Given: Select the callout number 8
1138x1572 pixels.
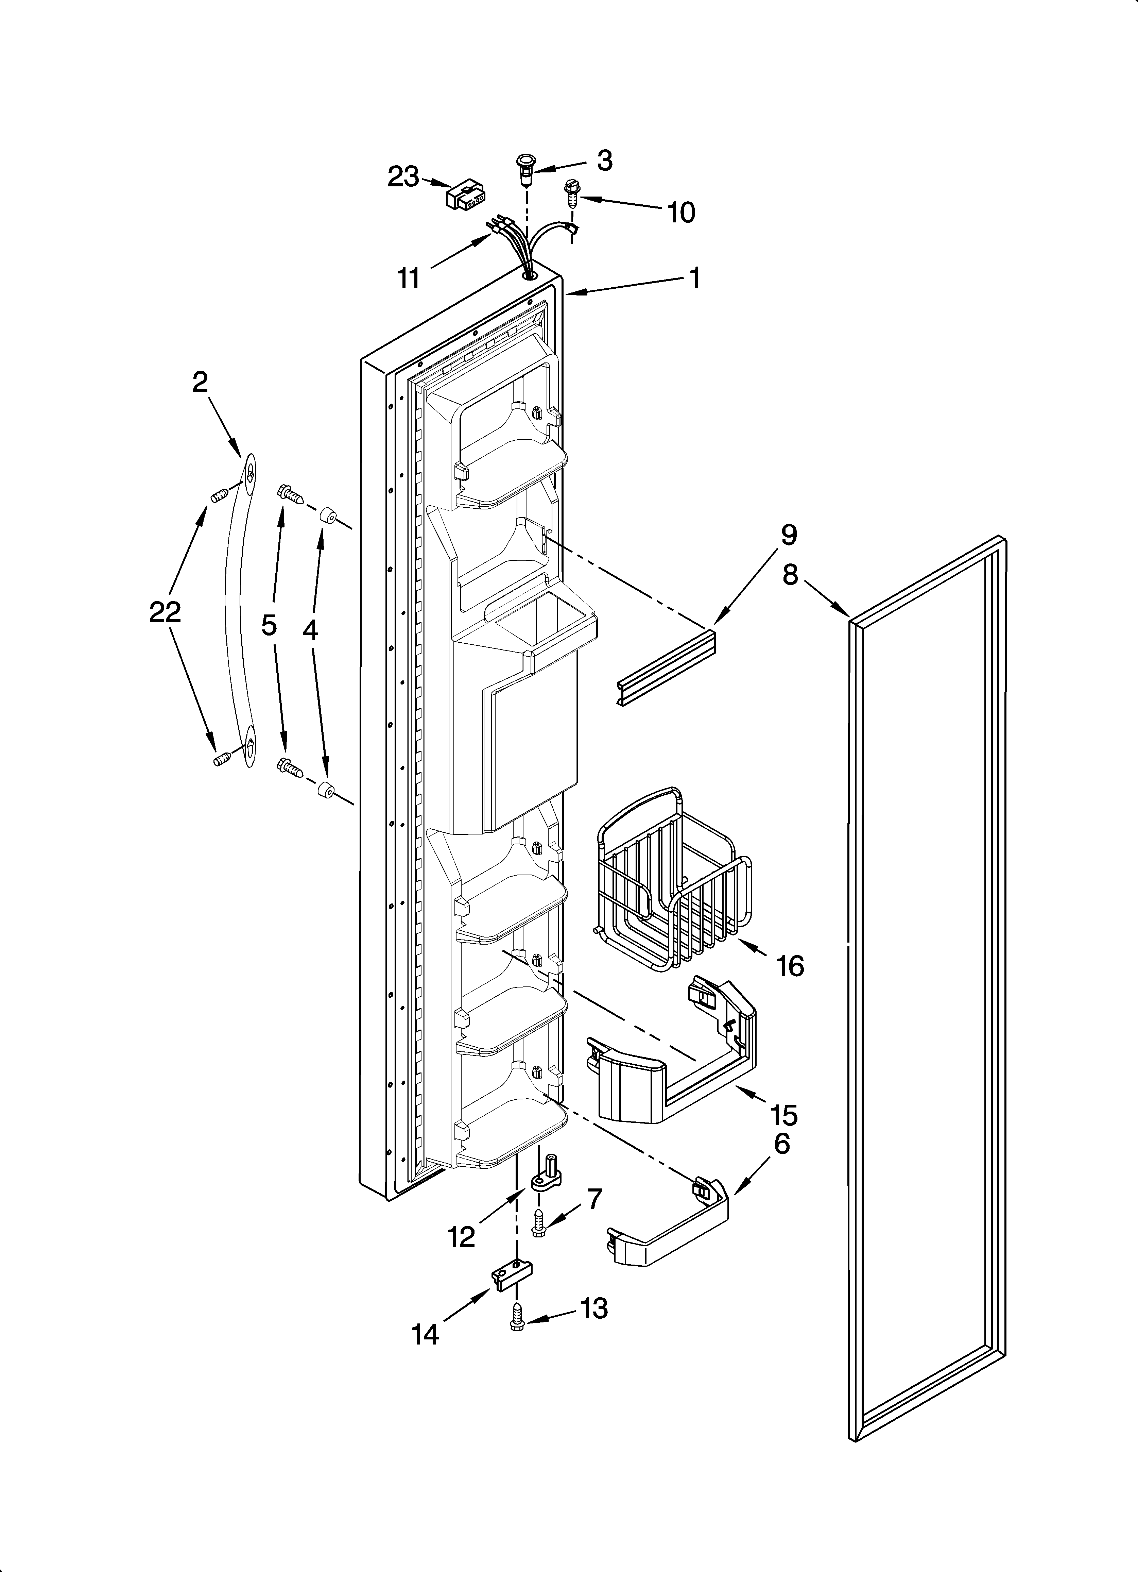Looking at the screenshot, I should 791,575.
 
